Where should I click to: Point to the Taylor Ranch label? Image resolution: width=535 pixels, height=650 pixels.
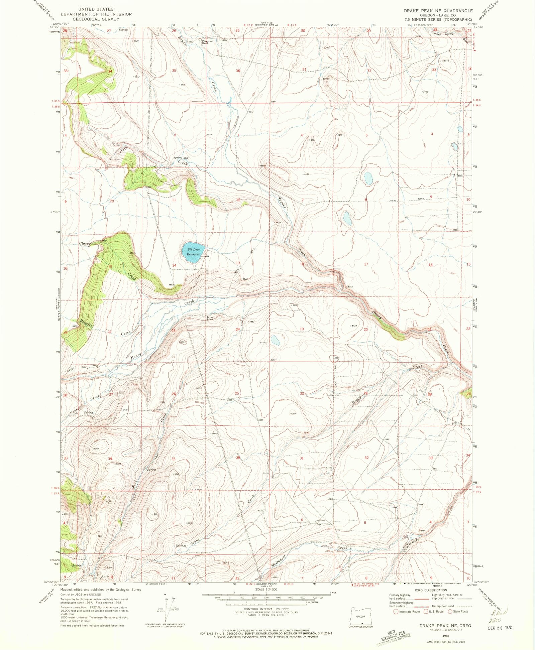point(210,318)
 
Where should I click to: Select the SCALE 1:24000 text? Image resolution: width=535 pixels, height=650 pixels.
point(266,590)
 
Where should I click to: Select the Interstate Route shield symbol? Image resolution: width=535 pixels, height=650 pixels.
point(396,612)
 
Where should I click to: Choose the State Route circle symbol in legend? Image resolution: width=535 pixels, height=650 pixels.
point(450,612)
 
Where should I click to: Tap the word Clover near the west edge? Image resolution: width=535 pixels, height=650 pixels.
point(85,244)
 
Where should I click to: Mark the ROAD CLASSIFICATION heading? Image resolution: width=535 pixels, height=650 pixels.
point(430,590)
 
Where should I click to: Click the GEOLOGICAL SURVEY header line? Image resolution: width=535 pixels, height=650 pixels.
point(96,19)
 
